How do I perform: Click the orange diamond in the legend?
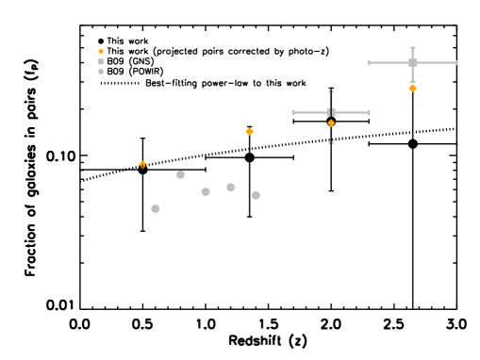tap(101, 52)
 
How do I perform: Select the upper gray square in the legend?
tap(101, 62)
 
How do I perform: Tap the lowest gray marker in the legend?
tap(101, 72)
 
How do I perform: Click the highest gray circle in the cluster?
tap(180, 174)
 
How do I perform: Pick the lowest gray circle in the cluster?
tap(156, 208)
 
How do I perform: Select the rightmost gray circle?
tap(256, 195)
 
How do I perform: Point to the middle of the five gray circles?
tap(206, 191)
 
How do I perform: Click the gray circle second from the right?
tap(231, 188)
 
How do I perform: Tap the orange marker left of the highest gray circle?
tap(142, 164)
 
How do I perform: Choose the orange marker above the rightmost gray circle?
tap(249, 132)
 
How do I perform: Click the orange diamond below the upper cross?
tap(412, 88)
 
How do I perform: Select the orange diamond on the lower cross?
tap(331, 123)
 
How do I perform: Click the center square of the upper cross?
tap(412, 63)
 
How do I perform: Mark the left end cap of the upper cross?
tap(370, 63)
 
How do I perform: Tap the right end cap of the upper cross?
tap(456, 63)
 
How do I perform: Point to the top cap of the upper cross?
tap(412, 48)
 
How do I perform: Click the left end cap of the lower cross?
tap(293, 112)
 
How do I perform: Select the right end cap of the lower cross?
tap(369, 112)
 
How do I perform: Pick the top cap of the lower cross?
tap(331, 92)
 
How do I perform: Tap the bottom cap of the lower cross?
tap(331, 142)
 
